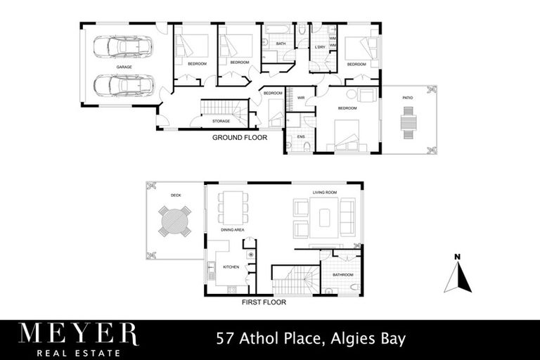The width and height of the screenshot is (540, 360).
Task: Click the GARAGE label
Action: click(x=124, y=67)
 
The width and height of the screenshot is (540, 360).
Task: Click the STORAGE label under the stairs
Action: click(x=221, y=122)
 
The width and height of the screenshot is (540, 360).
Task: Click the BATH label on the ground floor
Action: click(x=280, y=44)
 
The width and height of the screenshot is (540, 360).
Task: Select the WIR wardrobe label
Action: click(x=300, y=98)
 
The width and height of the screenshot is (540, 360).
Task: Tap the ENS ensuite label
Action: click(x=300, y=136)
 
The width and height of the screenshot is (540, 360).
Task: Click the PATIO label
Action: click(x=408, y=98)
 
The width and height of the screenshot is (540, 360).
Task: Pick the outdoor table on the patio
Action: click(x=409, y=123)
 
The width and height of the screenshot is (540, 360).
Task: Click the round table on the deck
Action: click(x=174, y=221)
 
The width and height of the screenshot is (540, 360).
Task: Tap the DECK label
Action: click(x=176, y=195)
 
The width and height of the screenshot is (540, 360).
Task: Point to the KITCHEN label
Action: click(x=231, y=267)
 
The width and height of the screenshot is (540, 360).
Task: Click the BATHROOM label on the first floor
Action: click(x=343, y=275)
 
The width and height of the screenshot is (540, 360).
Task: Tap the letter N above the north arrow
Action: click(x=457, y=257)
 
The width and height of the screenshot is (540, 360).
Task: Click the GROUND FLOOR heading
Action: click(x=240, y=138)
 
